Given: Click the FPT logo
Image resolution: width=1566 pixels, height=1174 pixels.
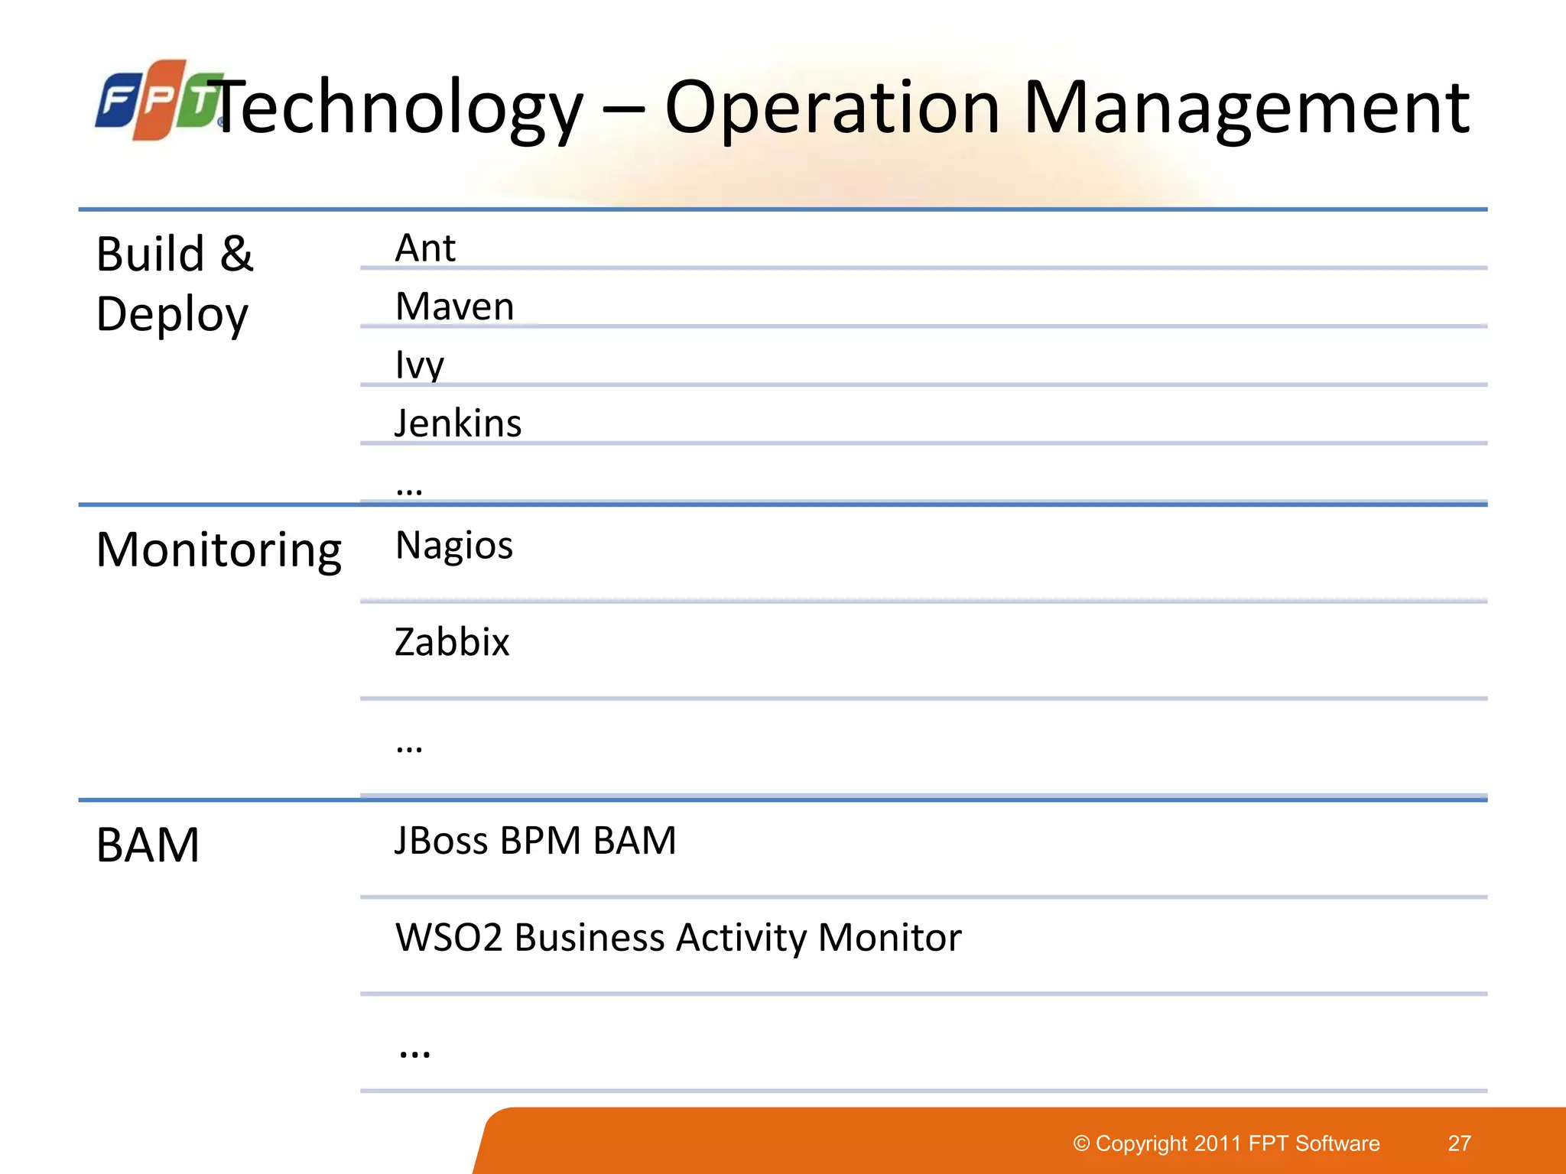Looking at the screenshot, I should coord(157,100).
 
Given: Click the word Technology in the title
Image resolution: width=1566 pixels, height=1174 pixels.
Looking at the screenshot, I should coord(398,109).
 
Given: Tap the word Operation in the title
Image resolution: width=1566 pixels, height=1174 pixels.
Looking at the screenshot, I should coord(832,109).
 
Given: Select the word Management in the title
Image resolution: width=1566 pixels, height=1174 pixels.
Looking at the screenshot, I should coord(1246,109).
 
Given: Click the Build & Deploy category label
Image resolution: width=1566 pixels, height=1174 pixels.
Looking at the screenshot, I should coord(174,284).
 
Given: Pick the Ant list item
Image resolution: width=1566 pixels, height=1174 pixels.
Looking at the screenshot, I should coord(425,248).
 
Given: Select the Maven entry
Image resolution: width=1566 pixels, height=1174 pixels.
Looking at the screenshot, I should coord(454,306).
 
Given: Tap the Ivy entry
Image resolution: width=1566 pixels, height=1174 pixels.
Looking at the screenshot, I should coord(419,365).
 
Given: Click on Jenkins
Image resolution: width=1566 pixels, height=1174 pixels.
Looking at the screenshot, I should coord(457,423).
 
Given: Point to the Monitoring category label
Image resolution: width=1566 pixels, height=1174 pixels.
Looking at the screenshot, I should coord(219,550).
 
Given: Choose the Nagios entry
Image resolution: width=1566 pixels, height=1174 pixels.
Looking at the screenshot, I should coord(453,546).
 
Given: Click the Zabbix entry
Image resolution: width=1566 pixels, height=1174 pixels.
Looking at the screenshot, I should coord(452,641).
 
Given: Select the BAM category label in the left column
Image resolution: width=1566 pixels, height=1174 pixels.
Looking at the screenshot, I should coord(148,845).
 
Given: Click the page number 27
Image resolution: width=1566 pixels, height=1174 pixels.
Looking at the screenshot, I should coord(1459,1143).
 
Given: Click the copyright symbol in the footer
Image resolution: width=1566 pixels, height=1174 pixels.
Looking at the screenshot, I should coord(1081,1143).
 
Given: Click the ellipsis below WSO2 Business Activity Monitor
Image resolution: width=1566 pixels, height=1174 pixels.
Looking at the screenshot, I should coord(414,1052).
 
